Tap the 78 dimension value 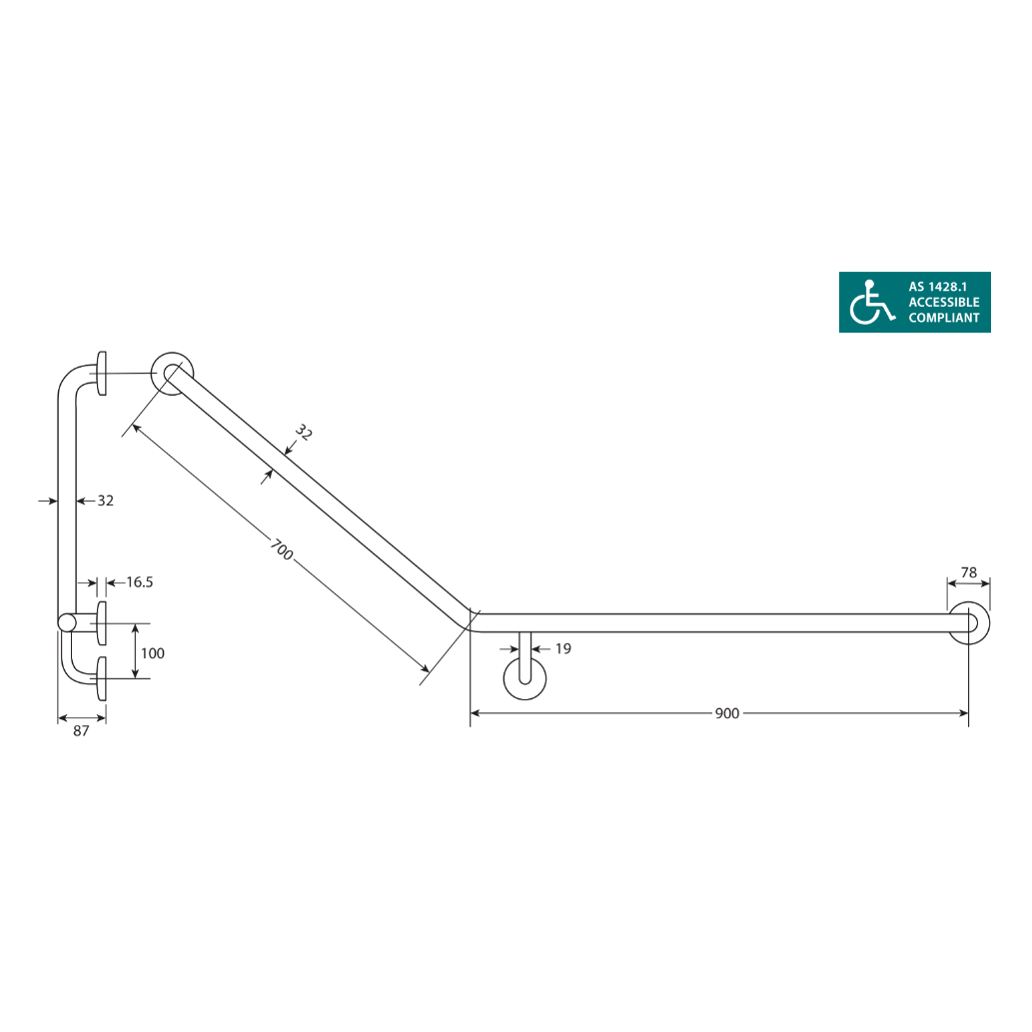pyautogui.click(x=968, y=572)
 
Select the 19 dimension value pyautogui.click(x=562, y=648)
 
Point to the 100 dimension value pyautogui.click(x=153, y=653)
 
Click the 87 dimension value pyautogui.click(x=82, y=730)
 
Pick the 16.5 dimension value pyautogui.click(x=138, y=581)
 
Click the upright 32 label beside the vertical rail pyautogui.click(x=105, y=501)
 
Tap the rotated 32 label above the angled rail pyautogui.click(x=304, y=433)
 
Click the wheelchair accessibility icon pyautogui.click(x=871, y=302)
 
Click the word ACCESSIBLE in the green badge pyautogui.click(x=943, y=302)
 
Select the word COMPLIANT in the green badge pyautogui.click(x=943, y=318)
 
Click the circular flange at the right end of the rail pyautogui.click(x=969, y=623)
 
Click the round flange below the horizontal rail pyautogui.click(x=524, y=676)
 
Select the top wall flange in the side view pyautogui.click(x=101, y=374)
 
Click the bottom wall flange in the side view pyautogui.click(x=101, y=679)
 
